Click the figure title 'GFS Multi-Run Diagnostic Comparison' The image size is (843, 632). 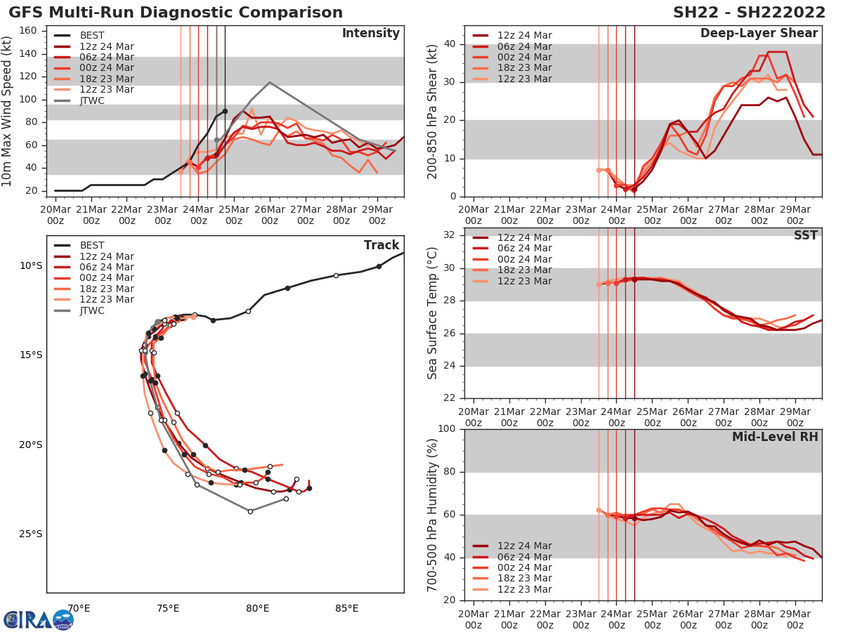[x=176, y=13]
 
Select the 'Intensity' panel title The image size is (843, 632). [x=370, y=34]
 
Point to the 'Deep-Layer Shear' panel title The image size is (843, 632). [x=759, y=34]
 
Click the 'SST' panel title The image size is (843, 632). [x=805, y=236]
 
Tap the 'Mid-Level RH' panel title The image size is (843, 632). [x=775, y=437]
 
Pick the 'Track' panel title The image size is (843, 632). [x=381, y=246]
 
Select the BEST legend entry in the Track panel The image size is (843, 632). [x=92, y=246]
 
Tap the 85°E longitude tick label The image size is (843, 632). [x=347, y=608]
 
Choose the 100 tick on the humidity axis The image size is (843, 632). [x=445, y=429]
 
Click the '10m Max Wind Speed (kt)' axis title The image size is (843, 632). [x=8, y=113]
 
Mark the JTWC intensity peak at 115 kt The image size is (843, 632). [x=270, y=82]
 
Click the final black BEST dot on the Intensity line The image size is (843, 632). [x=225, y=111]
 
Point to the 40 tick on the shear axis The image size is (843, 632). [x=449, y=44]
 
